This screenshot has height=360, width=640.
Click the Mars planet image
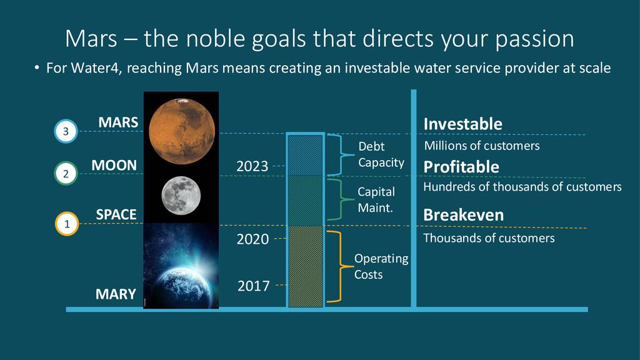[182, 131]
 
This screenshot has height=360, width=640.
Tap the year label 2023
[252, 166]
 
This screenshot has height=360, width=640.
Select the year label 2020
[252, 239]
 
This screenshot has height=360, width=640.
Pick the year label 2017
[254, 286]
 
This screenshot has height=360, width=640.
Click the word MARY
[116, 294]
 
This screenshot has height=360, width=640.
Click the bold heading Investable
[463, 124]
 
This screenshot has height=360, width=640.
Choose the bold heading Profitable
[461, 167]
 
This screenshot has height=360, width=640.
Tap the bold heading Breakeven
[464, 215]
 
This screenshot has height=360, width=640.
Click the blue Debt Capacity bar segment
[305, 155]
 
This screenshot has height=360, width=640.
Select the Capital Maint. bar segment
[305, 201]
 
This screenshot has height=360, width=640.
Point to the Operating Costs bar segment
[305, 266]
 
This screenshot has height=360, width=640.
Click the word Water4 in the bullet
[96, 67]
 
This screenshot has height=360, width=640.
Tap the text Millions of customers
[482, 146]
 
